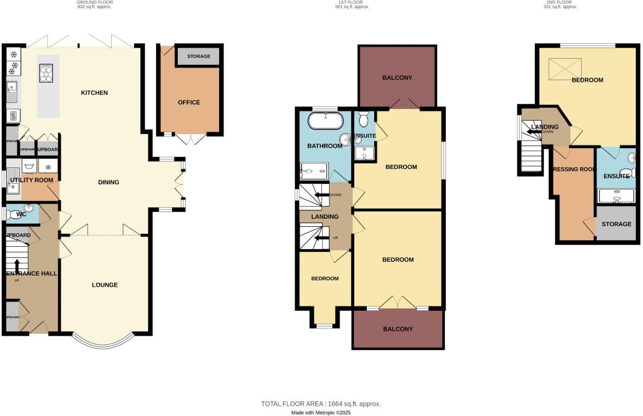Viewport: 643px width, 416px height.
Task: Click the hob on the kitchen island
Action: click(x=46, y=73)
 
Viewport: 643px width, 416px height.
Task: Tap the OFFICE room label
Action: click(x=189, y=102)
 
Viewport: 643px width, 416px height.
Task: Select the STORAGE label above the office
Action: click(x=198, y=56)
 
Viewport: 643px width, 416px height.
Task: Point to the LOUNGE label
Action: click(x=105, y=285)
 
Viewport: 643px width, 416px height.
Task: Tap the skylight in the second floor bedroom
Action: click(x=565, y=69)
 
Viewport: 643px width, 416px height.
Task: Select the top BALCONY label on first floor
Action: click(x=397, y=78)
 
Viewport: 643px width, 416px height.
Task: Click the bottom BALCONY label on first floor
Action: click(x=398, y=329)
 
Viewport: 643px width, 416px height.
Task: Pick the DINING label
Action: click(x=108, y=182)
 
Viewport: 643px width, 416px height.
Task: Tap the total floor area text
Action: click(x=321, y=404)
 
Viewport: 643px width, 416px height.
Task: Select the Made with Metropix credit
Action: click(x=321, y=413)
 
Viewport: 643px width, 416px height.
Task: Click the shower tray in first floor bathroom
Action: click(x=314, y=171)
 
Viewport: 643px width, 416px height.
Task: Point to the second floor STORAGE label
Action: click(x=616, y=224)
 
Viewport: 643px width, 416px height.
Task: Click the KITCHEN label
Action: click(x=94, y=93)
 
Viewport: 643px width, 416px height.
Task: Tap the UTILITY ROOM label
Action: click(x=32, y=180)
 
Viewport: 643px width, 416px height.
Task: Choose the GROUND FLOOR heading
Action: click(x=94, y=3)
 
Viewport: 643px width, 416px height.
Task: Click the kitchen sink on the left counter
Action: click(x=12, y=92)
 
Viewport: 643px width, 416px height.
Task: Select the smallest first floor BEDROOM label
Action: click(x=325, y=278)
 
